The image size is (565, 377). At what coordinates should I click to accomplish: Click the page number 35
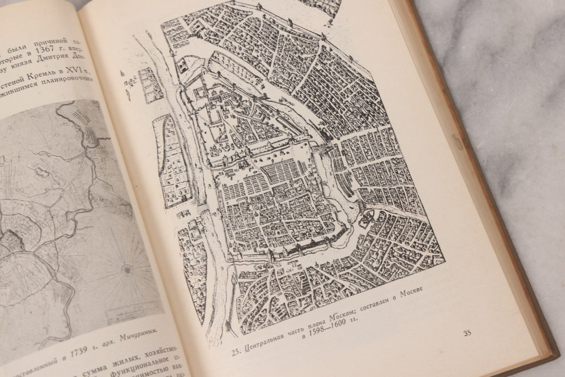[x=467, y=333]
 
